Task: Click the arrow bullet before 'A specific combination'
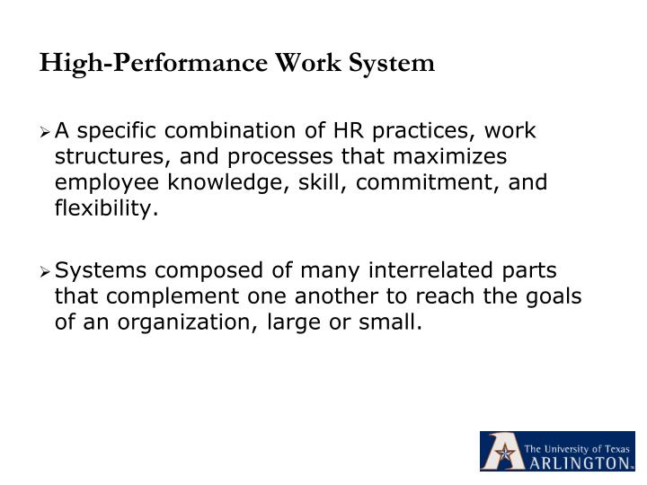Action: point(46,133)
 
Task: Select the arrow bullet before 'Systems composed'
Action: point(46,271)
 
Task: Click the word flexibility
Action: point(105,209)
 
